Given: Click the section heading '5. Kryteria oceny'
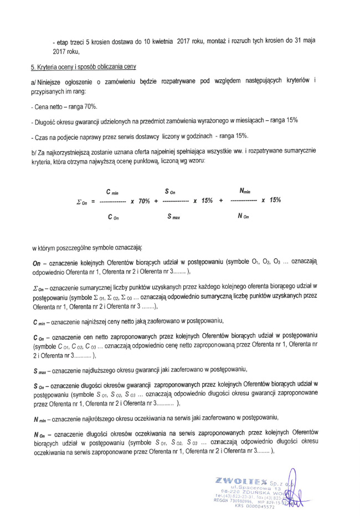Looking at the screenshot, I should (x=83, y=67).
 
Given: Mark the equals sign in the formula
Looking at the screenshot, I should (x=94, y=202).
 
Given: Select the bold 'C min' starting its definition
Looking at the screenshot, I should (x=41, y=321).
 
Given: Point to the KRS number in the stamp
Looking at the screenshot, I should (x=254, y=505).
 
